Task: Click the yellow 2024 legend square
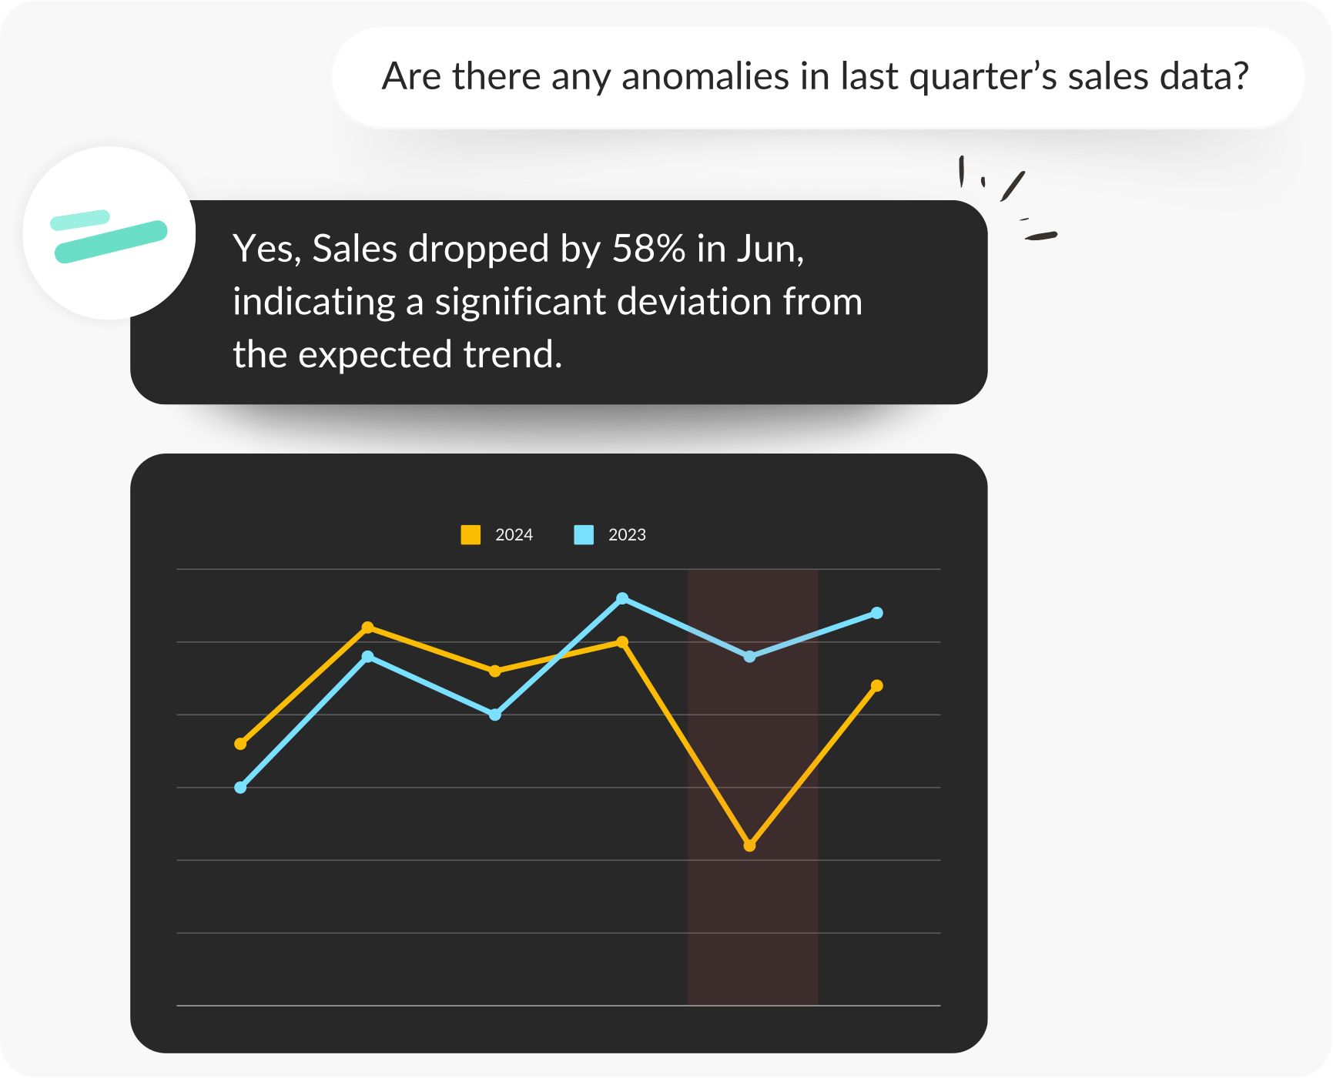tap(471, 534)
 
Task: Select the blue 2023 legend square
tap(584, 534)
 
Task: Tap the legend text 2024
tap(514, 535)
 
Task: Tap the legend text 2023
tap(627, 535)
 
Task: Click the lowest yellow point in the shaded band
tap(750, 845)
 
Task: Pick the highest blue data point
tap(622, 598)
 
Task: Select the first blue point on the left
tap(240, 787)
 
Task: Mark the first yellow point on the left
tap(240, 743)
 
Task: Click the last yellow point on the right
tap(876, 685)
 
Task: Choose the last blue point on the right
tap(876, 613)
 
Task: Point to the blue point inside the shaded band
tap(749, 657)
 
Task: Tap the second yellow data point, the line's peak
tap(368, 628)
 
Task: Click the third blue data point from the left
tap(495, 715)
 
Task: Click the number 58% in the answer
tap(648, 249)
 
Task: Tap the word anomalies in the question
tap(705, 76)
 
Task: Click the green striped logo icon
tap(109, 236)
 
